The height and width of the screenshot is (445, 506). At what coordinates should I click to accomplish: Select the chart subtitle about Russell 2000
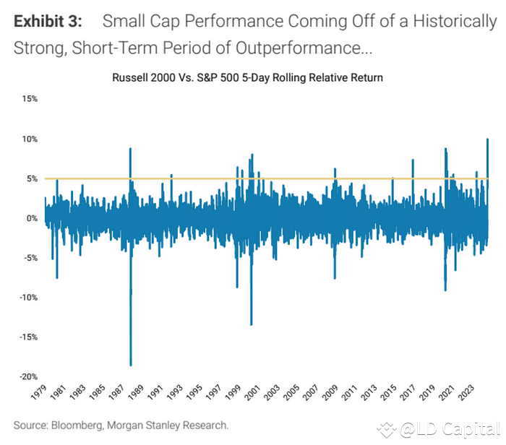[246, 77]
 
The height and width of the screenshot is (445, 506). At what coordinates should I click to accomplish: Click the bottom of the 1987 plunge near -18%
[131, 366]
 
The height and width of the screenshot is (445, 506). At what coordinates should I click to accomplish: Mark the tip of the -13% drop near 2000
[251, 324]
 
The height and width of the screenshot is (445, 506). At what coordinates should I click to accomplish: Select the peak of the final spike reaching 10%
[488, 139]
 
